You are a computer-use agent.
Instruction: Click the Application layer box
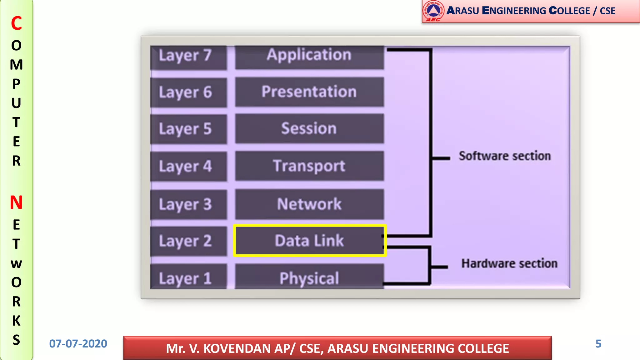(x=309, y=56)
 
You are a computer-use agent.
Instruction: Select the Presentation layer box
(x=309, y=92)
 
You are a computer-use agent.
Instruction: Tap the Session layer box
(x=309, y=128)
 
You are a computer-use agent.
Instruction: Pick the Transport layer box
(x=309, y=166)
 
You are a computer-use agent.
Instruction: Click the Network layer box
(x=309, y=204)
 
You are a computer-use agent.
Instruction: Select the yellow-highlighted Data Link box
(x=309, y=241)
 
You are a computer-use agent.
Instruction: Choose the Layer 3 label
(x=186, y=205)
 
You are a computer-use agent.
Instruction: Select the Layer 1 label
(x=186, y=278)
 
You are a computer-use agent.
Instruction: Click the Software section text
(x=504, y=156)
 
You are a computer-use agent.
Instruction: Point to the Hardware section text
(x=509, y=263)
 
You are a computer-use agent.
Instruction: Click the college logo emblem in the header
(x=433, y=11)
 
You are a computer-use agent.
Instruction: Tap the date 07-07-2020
(x=78, y=344)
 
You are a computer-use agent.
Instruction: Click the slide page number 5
(x=598, y=344)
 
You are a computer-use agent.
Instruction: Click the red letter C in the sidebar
(x=16, y=23)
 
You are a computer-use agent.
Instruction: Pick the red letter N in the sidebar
(x=16, y=202)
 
